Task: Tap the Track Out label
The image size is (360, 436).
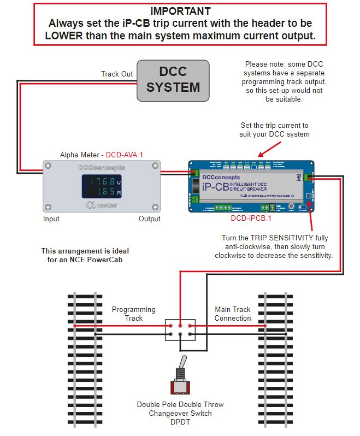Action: click(x=117, y=74)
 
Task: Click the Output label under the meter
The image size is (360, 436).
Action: click(x=149, y=219)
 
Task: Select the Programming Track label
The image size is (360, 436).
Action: click(x=134, y=314)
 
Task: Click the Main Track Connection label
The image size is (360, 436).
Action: click(x=233, y=314)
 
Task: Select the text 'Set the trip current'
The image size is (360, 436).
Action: click(x=274, y=125)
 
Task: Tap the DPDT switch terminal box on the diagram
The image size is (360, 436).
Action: click(x=180, y=329)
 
